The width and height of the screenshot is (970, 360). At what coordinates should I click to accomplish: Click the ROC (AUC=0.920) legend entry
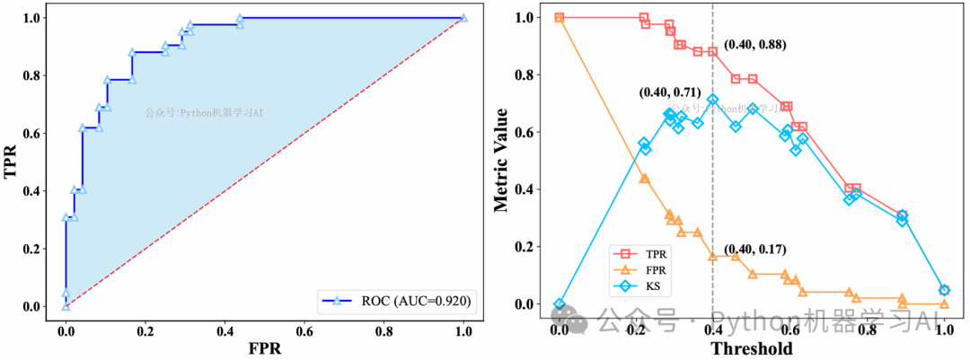[x=396, y=299]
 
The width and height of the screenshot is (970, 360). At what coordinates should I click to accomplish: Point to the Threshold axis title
[x=751, y=347]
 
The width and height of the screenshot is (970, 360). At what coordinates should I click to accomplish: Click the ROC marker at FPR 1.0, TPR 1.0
[x=463, y=17]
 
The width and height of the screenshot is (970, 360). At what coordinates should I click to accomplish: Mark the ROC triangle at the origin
[x=66, y=305]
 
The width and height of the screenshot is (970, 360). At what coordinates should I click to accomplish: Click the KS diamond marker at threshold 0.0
[x=560, y=304]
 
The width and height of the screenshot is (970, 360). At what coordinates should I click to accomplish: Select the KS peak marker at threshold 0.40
[x=713, y=100]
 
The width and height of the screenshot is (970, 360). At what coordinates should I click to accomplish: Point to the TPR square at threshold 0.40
[x=713, y=51]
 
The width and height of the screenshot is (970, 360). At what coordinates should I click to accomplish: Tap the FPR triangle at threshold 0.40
[x=713, y=256]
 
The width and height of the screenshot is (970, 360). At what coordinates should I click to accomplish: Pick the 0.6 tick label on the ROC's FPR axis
[x=304, y=329]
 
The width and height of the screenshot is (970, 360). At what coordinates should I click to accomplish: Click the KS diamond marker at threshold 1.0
[x=944, y=290]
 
